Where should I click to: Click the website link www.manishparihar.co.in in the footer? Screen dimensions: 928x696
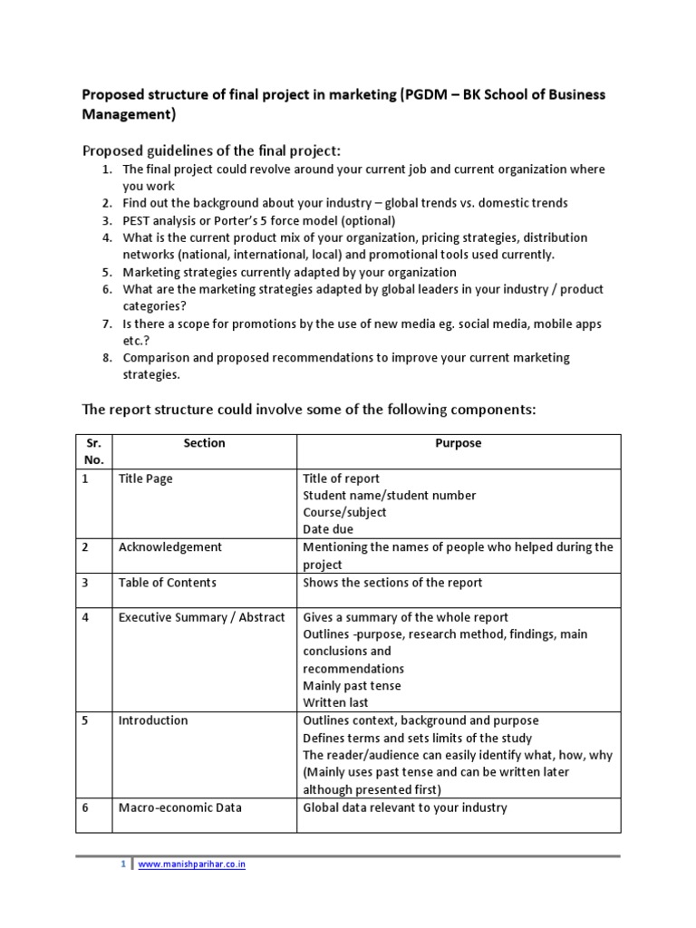191,865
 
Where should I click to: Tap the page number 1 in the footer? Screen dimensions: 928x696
124,865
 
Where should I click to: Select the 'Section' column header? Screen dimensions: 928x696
204,443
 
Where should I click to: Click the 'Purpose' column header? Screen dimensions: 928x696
459,443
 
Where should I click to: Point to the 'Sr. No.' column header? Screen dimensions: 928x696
93,451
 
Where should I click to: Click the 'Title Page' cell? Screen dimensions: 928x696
145,478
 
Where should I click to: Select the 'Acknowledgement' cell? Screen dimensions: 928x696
169,547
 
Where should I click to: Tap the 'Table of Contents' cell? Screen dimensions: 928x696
167,582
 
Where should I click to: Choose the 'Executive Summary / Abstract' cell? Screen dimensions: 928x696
201,617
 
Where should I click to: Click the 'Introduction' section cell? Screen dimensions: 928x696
153,720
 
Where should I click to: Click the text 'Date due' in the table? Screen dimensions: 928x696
328,529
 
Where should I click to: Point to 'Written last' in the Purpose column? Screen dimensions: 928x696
335,702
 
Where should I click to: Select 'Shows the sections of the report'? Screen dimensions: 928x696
392,582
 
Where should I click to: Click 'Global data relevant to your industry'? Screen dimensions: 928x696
405,807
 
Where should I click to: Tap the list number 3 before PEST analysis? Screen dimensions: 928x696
106,220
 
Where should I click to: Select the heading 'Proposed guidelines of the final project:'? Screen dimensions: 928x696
211,150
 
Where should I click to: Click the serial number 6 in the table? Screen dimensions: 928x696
85,807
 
